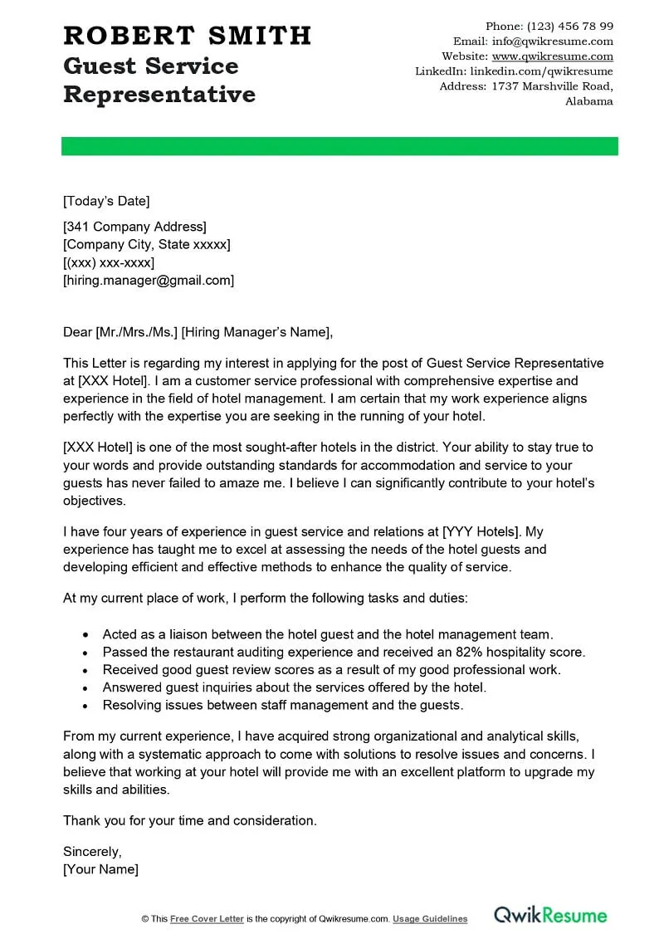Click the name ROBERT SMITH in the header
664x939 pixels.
pos(188,35)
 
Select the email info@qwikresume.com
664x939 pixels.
pos(552,41)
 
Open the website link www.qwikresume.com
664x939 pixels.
pos(552,56)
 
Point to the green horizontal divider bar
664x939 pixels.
pos(339,146)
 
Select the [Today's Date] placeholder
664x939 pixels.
pos(106,201)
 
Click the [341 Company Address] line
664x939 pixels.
pos(134,227)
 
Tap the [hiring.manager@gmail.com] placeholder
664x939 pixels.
pos(149,281)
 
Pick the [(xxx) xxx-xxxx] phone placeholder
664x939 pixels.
pos(109,262)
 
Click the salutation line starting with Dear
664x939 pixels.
pos(198,333)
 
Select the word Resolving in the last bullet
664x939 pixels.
pos(132,705)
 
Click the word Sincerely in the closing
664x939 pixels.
pos(92,851)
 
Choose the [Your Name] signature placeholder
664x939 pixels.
pos(100,869)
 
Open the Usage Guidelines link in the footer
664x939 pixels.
pos(430,919)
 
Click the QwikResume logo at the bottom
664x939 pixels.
pos(550,915)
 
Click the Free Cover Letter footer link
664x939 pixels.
pos(207,919)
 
